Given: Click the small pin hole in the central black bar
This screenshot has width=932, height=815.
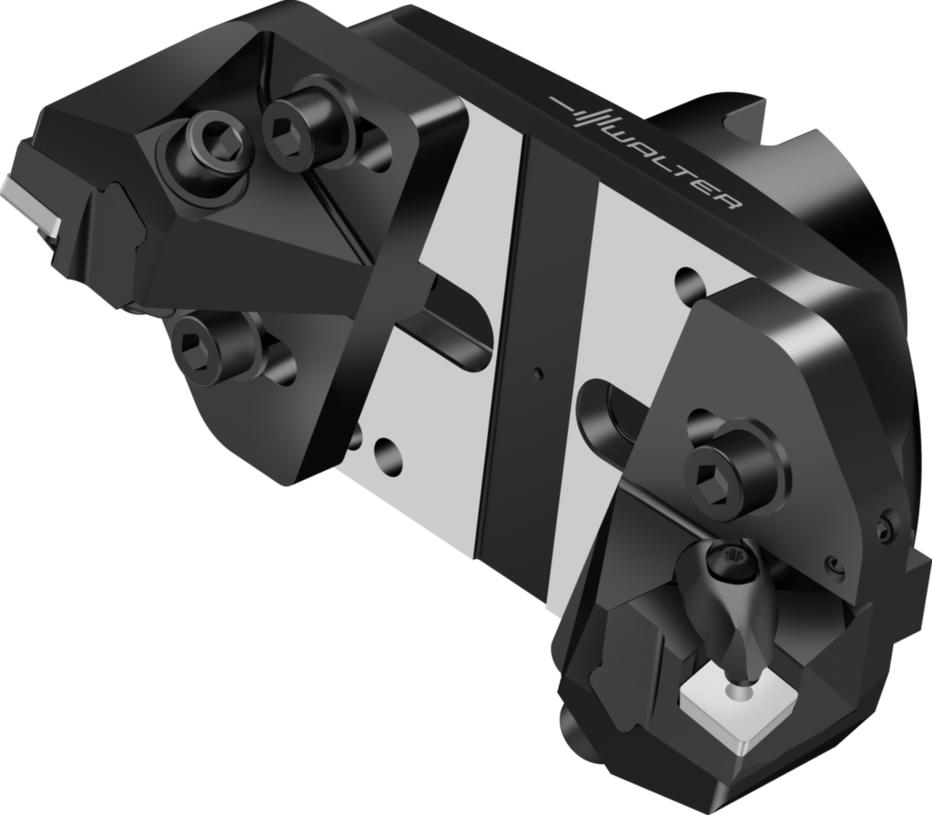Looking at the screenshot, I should click(539, 372).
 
